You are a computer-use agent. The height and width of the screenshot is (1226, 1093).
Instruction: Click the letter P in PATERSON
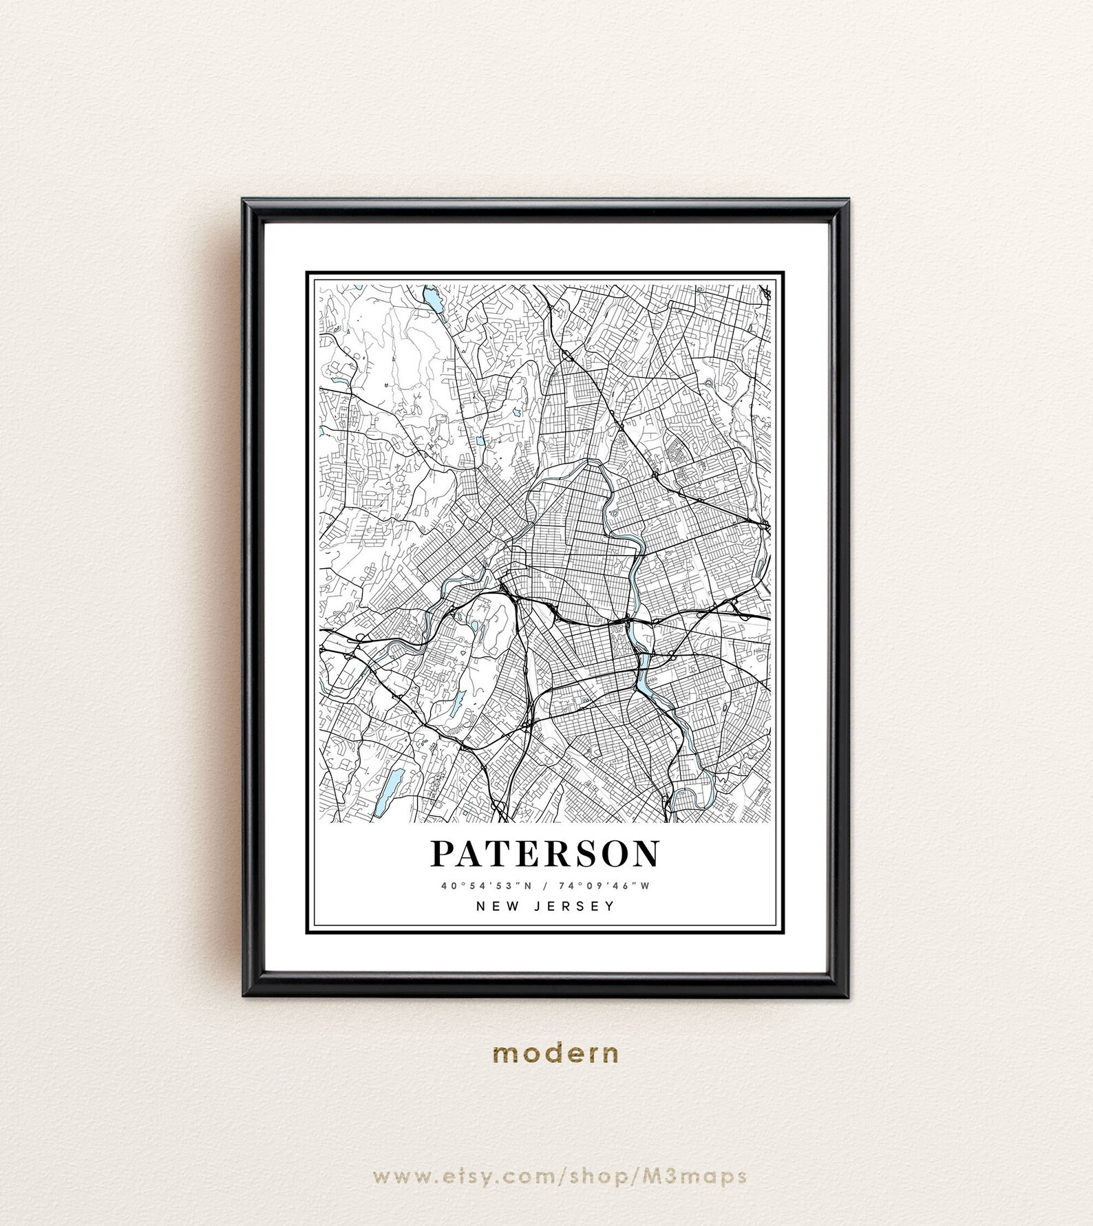(x=444, y=854)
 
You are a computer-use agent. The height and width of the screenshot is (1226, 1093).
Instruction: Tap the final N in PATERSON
(x=645, y=854)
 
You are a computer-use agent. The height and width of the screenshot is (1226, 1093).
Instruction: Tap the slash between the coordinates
(x=546, y=886)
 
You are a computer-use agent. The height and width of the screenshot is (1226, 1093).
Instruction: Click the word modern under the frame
(x=556, y=1053)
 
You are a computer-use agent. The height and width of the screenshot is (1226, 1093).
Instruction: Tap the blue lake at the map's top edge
(x=433, y=299)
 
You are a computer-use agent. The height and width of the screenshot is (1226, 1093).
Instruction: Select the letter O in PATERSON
(x=613, y=854)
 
